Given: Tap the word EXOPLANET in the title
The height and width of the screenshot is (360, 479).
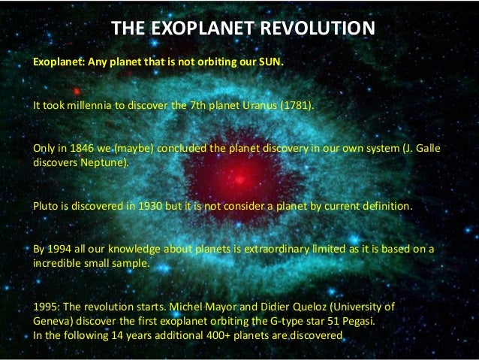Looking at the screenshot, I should [x=199, y=29].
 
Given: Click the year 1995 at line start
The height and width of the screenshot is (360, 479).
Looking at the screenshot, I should [x=45, y=308].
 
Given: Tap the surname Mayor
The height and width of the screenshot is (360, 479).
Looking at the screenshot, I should [x=214, y=308].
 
